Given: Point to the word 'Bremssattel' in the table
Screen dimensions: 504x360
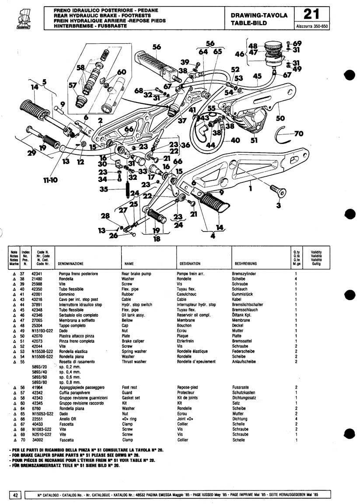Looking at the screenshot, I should coord(241,341).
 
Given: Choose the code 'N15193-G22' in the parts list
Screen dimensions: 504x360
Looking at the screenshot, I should coord(42,330).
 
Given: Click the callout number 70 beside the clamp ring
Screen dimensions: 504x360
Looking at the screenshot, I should coord(299,133).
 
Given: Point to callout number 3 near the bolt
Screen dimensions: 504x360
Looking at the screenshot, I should coord(279,205).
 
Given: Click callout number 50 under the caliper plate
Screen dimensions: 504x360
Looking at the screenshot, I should coord(280,119).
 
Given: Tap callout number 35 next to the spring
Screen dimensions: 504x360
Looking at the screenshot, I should coord(103,189).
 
